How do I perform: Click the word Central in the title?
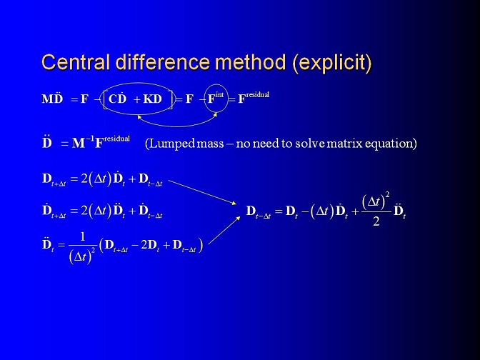(76, 62)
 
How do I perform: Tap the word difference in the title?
(163, 62)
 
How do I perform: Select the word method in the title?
(251, 62)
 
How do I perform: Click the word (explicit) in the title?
(332, 64)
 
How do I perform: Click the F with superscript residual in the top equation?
(254, 98)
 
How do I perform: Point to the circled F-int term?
(216, 98)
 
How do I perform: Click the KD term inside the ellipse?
(152, 99)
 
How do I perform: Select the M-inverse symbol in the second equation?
(84, 142)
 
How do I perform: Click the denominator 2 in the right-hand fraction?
(376, 221)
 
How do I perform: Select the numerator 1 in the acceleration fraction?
(82, 236)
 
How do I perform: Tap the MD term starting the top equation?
(52, 98)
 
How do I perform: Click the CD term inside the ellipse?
(118, 98)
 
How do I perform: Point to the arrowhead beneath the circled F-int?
(215, 114)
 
